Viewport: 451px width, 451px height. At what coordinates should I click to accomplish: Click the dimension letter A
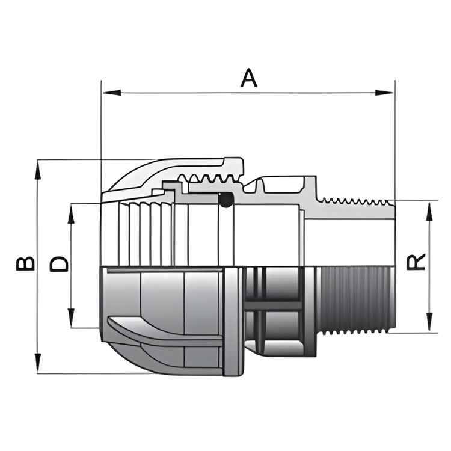click(249, 78)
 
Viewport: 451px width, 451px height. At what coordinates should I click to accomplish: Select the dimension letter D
click(60, 263)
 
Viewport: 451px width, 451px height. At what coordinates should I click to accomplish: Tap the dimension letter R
click(416, 262)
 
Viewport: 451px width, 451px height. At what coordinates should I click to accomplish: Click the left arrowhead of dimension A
click(112, 93)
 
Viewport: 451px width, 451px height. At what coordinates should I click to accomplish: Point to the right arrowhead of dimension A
click(384, 93)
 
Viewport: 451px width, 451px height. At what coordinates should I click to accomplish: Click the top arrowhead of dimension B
click(38, 170)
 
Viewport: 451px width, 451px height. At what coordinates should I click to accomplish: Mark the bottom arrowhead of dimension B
click(38, 363)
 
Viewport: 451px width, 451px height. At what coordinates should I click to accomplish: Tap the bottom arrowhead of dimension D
click(71, 318)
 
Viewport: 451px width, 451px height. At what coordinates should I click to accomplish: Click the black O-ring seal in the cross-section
click(226, 199)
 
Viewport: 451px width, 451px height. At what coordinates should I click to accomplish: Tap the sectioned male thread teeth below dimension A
click(356, 201)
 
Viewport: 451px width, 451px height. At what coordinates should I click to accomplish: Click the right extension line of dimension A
click(395, 140)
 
